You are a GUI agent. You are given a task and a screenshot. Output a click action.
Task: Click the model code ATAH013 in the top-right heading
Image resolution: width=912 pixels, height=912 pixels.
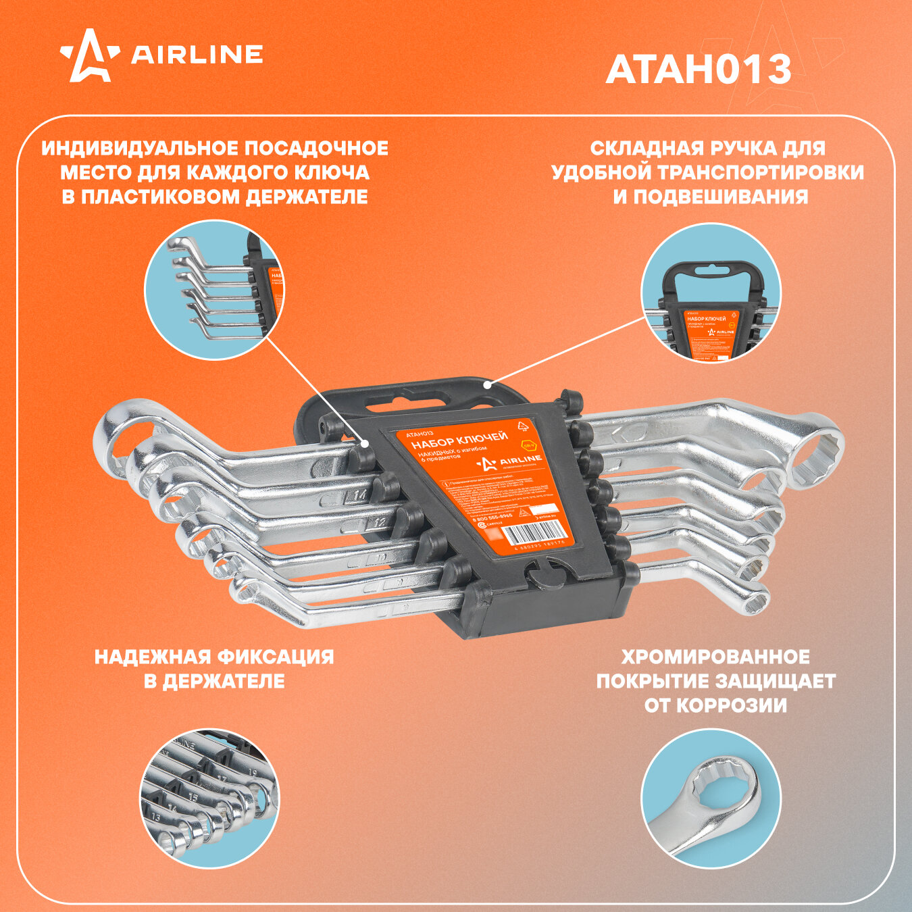click(699, 70)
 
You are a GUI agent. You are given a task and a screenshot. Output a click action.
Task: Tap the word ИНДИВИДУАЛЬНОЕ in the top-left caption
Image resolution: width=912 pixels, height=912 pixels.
click(130, 148)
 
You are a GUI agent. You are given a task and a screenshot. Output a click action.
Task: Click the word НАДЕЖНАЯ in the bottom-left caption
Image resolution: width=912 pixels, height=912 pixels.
click(151, 657)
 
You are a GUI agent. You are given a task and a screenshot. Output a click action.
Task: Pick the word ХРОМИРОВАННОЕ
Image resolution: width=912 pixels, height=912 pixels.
click(715, 657)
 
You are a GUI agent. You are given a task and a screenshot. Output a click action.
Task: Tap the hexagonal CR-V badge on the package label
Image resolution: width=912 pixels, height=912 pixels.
click(528, 445)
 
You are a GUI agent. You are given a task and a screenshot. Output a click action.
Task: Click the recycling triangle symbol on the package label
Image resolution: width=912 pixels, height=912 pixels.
click(522, 426)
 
